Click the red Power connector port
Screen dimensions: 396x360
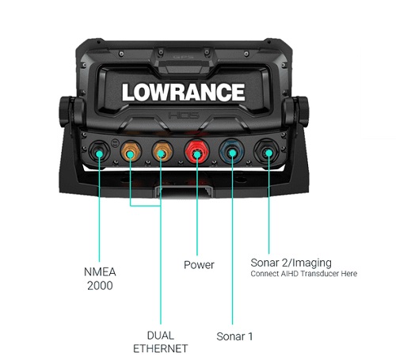click(x=197, y=153)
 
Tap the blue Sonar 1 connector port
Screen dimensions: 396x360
click(x=232, y=152)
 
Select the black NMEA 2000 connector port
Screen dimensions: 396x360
click(x=99, y=152)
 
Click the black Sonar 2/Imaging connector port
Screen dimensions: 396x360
click(x=267, y=152)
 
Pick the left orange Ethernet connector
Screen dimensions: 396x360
click(x=131, y=152)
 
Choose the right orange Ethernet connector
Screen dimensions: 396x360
click(x=162, y=152)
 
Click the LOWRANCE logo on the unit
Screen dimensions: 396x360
click(x=184, y=92)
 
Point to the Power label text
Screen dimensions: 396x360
click(x=199, y=265)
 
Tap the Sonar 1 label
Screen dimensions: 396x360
click(x=234, y=336)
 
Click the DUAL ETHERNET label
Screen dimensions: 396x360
click(x=161, y=342)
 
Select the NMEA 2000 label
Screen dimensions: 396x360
click(x=100, y=279)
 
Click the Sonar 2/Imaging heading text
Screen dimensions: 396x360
click(x=291, y=263)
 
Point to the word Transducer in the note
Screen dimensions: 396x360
click(x=319, y=274)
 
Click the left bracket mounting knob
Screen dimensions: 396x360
click(x=67, y=112)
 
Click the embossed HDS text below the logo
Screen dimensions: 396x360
click(x=184, y=116)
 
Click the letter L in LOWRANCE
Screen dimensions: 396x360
click(x=128, y=92)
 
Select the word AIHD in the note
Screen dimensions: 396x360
click(x=290, y=274)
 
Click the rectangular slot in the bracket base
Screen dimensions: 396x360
click(x=184, y=191)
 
